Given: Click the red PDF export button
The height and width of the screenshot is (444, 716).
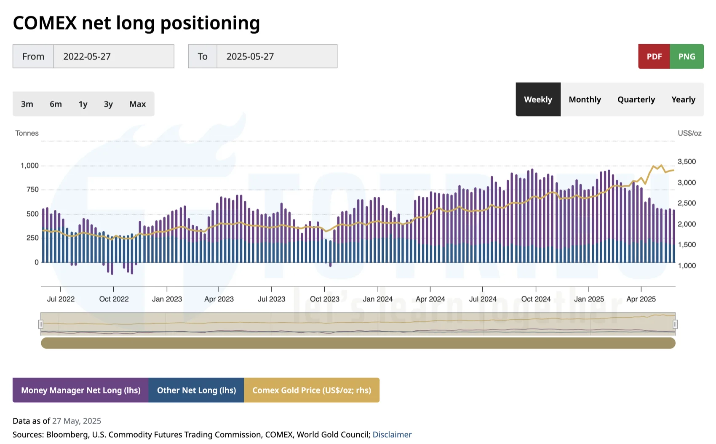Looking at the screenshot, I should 654,56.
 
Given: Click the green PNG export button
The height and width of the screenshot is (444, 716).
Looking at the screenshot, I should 687,56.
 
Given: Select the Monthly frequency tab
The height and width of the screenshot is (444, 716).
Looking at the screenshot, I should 585,99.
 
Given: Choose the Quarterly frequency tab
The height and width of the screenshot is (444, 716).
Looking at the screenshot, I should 636,99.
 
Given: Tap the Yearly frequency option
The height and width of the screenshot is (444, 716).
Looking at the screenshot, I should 683,99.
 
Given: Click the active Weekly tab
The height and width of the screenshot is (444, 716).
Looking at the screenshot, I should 538,99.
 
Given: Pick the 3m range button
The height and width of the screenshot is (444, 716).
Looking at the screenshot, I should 27,104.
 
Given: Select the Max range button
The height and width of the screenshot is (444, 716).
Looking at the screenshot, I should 137,104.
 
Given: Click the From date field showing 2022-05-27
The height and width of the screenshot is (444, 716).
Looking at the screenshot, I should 114,56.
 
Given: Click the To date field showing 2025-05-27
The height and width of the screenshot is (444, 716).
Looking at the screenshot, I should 277,56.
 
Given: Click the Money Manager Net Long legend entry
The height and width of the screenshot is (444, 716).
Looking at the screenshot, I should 80,390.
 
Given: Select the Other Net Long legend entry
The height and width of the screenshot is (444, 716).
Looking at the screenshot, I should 196,390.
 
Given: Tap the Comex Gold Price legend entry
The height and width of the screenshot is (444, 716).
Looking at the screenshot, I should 312,390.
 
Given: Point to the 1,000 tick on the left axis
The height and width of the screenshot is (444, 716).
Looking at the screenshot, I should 29,166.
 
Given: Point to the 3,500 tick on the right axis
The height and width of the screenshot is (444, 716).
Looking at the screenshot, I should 687,162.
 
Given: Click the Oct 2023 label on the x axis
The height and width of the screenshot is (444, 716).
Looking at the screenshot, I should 324,299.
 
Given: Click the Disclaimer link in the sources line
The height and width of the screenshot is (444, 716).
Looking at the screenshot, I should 392,434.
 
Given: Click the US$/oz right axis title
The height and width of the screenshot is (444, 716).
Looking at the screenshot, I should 689,133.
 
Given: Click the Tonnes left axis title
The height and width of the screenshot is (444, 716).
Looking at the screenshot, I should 27,133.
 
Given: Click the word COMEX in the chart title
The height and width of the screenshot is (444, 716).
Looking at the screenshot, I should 45,23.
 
